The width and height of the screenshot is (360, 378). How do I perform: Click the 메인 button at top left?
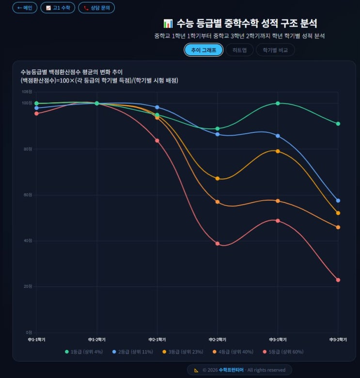click(25, 8)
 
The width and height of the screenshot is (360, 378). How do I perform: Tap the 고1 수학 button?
click(58, 8)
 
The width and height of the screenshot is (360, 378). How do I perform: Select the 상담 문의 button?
click(96, 8)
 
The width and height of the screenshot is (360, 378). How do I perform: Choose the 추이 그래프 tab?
click(203, 50)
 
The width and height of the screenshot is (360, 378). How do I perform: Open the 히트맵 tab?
click(239, 50)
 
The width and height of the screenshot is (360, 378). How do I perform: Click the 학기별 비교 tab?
click(275, 50)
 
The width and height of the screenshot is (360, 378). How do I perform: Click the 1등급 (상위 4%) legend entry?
click(84, 351)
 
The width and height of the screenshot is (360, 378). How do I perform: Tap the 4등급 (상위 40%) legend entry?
click(232, 351)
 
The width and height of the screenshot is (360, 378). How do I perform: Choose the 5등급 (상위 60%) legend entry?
click(283, 351)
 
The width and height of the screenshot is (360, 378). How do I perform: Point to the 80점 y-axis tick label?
click(27, 149)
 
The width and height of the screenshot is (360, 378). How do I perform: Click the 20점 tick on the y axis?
click(27, 286)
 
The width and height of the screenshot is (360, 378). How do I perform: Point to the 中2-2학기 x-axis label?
click(217, 340)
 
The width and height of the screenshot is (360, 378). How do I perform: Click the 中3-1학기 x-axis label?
click(278, 340)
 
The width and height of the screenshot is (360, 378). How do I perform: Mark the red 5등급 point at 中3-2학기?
click(338, 280)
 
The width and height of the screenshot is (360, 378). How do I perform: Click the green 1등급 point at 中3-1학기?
click(278, 103)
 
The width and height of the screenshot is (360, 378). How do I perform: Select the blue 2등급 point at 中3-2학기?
click(338, 201)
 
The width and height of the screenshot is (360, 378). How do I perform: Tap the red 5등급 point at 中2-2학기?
click(218, 244)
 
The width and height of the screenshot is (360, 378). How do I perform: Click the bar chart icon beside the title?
click(168, 23)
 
